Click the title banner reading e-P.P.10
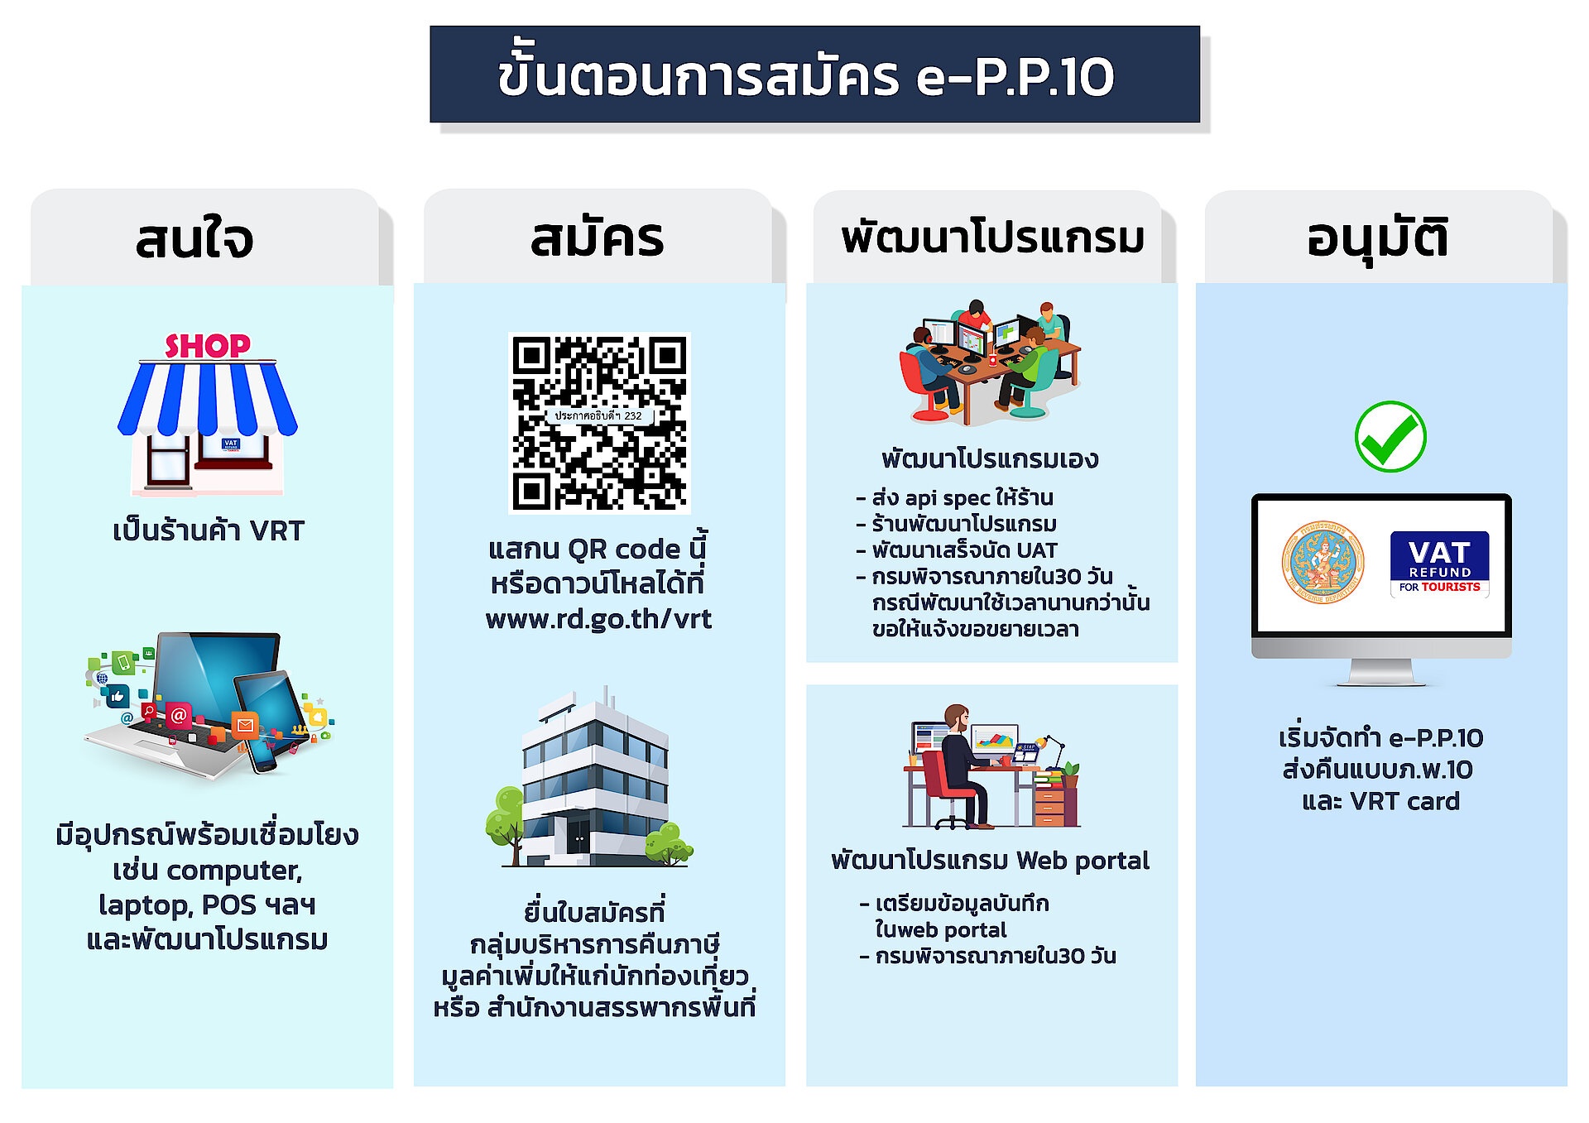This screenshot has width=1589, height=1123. [x=814, y=74]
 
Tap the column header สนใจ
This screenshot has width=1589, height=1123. [x=194, y=239]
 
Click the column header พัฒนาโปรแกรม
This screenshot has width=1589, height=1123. [x=992, y=238]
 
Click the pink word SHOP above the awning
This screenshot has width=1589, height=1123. [x=208, y=346]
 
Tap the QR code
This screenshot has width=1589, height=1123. [x=599, y=423]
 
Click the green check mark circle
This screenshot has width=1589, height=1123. [x=1390, y=437]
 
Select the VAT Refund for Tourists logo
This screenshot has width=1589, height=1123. [x=1439, y=564]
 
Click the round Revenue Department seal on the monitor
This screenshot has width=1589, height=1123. [x=1323, y=563]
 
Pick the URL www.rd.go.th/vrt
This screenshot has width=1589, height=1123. [x=598, y=619]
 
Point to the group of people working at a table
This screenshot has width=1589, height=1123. [x=991, y=362]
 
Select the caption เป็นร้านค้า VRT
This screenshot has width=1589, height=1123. [x=209, y=530]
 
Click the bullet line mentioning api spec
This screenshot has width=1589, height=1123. [x=954, y=498]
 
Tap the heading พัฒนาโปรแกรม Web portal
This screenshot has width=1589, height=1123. [x=991, y=861]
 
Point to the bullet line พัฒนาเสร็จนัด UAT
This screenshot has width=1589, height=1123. [x=957, y=550]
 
